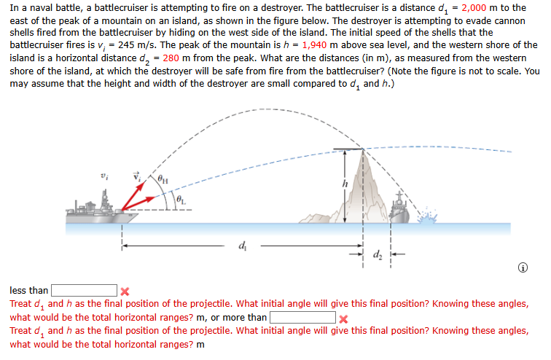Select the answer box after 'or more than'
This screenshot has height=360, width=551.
pos(302,318)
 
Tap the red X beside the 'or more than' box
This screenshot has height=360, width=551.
pos(343,318)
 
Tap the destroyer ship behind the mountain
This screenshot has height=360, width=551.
pos(400,206)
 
